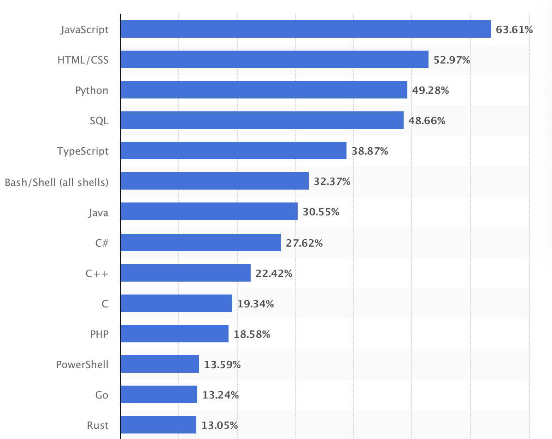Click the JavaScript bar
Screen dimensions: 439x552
pyautogui.click(x=305, y=29)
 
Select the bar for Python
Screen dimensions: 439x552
pyautogui.click(x=264, y=90)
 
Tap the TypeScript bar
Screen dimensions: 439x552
pyautogui.click(x=233, y=151)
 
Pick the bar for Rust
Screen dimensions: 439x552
pyautogui.click(x=159, y=425)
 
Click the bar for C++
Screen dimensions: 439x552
pyautogui.click(x=185, y=273)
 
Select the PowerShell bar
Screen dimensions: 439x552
pyautogui.click(x=159, y=364)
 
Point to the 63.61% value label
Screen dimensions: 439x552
pyautogui.click(x=514, y=30)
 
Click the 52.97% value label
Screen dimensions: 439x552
pyautogui.click(x=452, y=60)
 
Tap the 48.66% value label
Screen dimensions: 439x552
pyautogui.click(x=427, y=121)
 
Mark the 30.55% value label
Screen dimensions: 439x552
pyautogui.click(x=321, y=212)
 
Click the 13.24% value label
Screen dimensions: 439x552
pyautogui.click(x=220, y=395)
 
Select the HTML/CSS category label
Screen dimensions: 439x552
pyautogui.click(x=83, y=60)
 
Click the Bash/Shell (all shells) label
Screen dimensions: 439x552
pyautogui.click(x=57, y=182)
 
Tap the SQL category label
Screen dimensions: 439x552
pyautogui.click(x=99, y=121)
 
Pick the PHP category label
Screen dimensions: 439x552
pyautogui.click(x=99, y=334)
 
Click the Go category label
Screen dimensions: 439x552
pyautogui.click(x=102, y=395)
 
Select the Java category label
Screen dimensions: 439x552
pyautogui.click(x=99, y=212)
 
